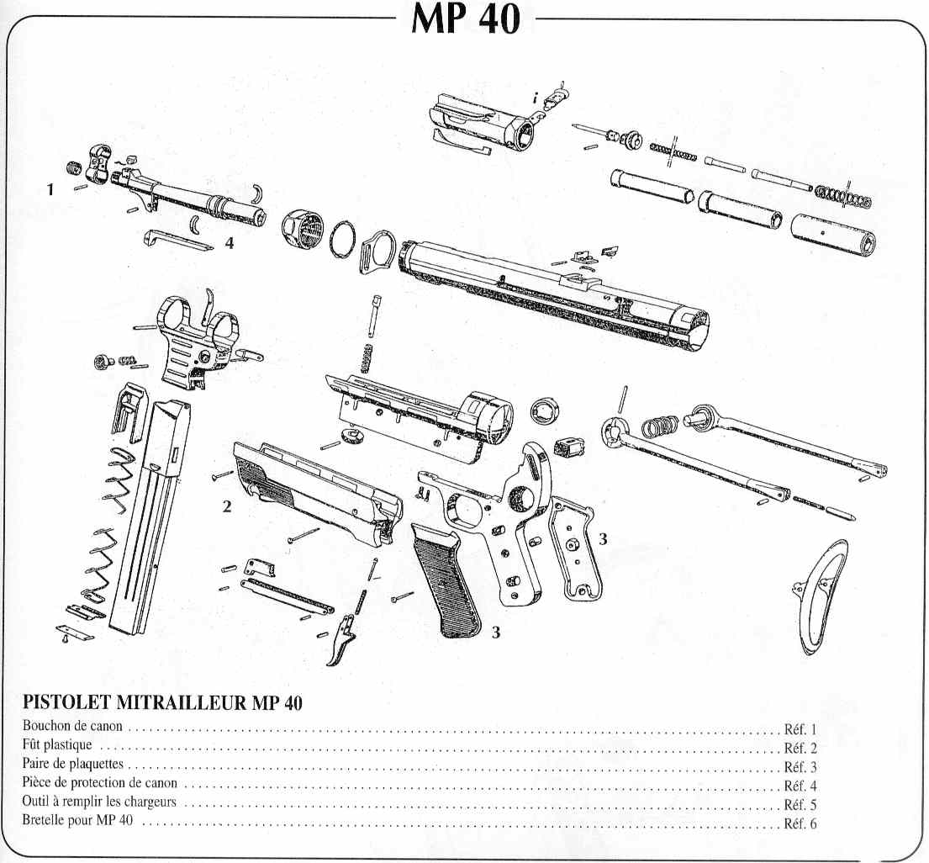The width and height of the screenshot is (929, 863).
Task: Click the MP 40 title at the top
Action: [x=465, y=19]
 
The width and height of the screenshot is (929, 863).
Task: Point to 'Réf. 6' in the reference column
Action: [x=800, y=824]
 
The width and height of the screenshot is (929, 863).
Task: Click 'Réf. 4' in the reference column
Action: [x=800, y=786]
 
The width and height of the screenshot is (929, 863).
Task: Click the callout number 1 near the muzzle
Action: [x=50, y=190]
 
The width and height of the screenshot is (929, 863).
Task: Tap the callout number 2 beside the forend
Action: [x=226, y=506]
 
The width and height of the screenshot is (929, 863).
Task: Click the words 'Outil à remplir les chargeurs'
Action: [x=99, y=804]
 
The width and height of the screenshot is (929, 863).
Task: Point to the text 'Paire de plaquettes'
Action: [x=74, y=765]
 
